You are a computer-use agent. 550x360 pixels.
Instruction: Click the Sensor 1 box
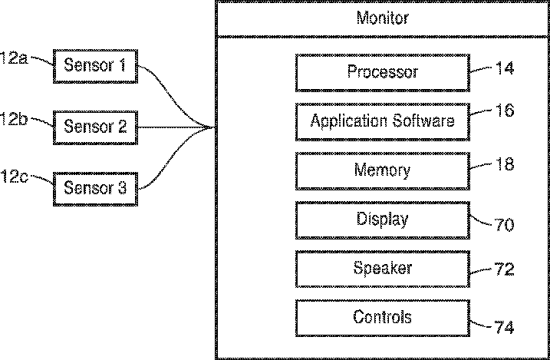pyautogui.click(x=95, y=66)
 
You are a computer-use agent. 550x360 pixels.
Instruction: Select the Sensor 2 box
pyautogui.click(x=95, y=127)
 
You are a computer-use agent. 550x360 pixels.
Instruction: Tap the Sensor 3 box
pyautogui.click(x=95, y=189)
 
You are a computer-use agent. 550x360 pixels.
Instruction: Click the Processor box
pyautogui.click(x=383, y=73)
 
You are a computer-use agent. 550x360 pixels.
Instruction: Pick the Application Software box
pyautogui.click(x=383, y=122)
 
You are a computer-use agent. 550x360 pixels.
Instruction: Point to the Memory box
pyautogui.click(x=383, y=171)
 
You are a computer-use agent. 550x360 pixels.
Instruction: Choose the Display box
pyautogui.click(x=383, y=220)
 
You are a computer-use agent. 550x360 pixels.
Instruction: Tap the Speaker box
pyautogui.click(x=383, y=269)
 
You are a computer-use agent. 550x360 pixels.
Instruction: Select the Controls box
pyautogui.click(x=383, y=319)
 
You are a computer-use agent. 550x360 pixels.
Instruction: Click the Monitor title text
pyautogui.click(x=383, y=18)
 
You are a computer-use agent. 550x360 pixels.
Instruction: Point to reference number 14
pyautogui.click(x=505, y=68)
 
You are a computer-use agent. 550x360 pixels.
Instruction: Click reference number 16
pyautogui.click(x=505, y=111)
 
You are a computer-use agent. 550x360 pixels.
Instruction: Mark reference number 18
pyautogui.click(x=505, y=163)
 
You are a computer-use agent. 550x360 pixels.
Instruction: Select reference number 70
pyautogui.click(x=505, y=225)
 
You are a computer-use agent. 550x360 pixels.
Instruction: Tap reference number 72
pyautogui.click(x=505, y=269)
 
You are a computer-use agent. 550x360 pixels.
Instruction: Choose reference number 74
pyautogui.click(x=505, y=327)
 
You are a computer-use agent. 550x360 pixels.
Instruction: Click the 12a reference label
pyautogui.click(x=14, y=58)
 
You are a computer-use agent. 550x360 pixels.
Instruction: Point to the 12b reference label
pyautogui.click(x=14, y=119)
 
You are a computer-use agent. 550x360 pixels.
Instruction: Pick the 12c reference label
pyautogui.click(x=14, y=177)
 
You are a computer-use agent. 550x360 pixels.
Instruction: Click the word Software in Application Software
pyautogui.click(x=423, y=121)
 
